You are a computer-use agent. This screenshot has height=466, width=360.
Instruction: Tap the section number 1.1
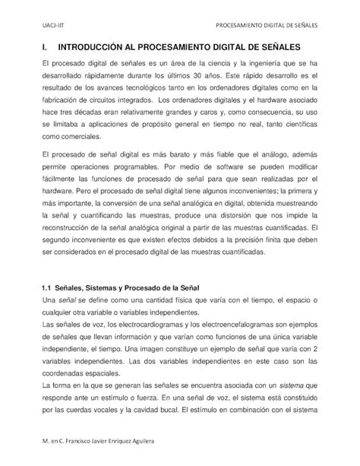(44, 286)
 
